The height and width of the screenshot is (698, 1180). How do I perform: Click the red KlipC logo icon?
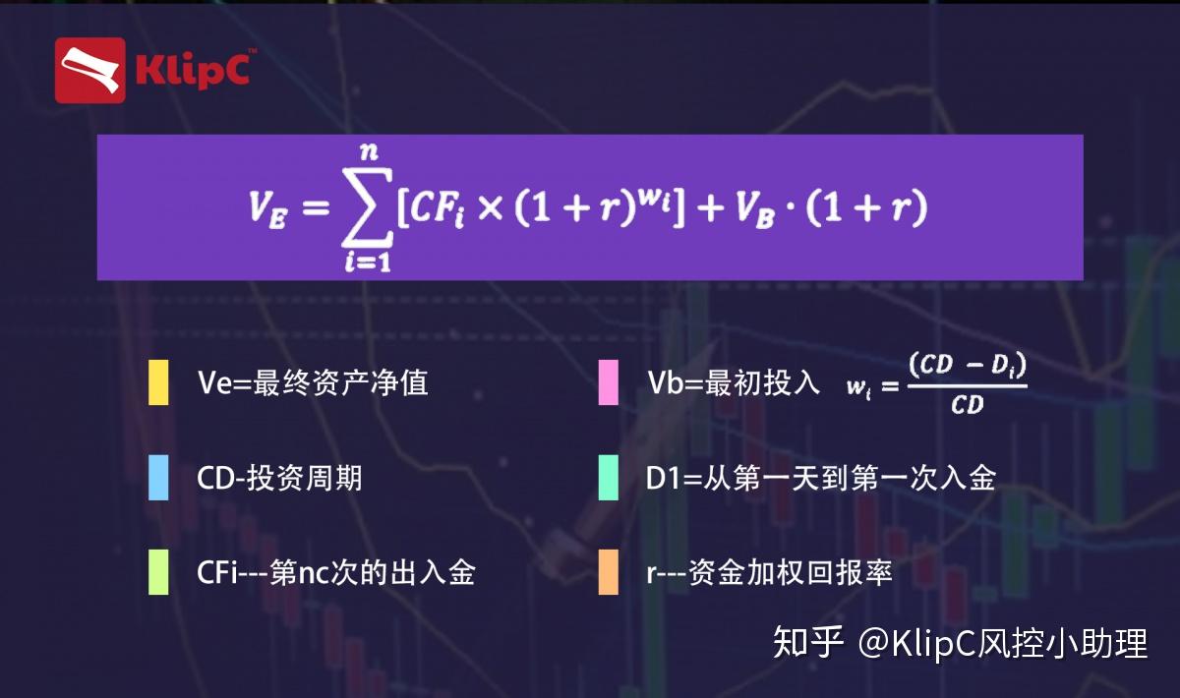pyautogui.click(x=89, y=70)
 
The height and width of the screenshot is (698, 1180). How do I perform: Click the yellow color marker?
pyautogui.click(x=158, y=382)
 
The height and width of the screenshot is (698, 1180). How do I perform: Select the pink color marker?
pyautogui.click(x=608, y=382)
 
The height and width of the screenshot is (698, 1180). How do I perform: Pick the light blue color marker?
pyautogui.click(x=158, y=478)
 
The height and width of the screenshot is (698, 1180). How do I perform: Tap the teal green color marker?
pyautogui.click(x=608, y=478)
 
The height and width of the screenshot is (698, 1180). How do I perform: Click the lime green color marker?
pyautogui.click(x=158, y=572)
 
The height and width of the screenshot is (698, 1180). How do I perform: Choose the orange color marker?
pyautogui.click(x=608, y=572)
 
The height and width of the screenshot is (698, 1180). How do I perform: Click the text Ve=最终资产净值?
pyautogui.click(x=313, y=382)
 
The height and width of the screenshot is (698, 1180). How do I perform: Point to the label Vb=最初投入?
pyautogui.click(x=733, y=382)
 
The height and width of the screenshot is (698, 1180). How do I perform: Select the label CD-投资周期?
pyautogui.click(x=279, y=478)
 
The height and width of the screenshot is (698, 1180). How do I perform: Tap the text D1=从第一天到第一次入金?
pyautogui.click(x=821, y=478)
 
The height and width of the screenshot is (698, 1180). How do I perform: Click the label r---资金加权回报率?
pyautogui.click(x=770, y=572)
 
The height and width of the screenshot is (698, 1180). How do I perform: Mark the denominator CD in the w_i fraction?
pyautogui.click(x=967, y=405)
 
